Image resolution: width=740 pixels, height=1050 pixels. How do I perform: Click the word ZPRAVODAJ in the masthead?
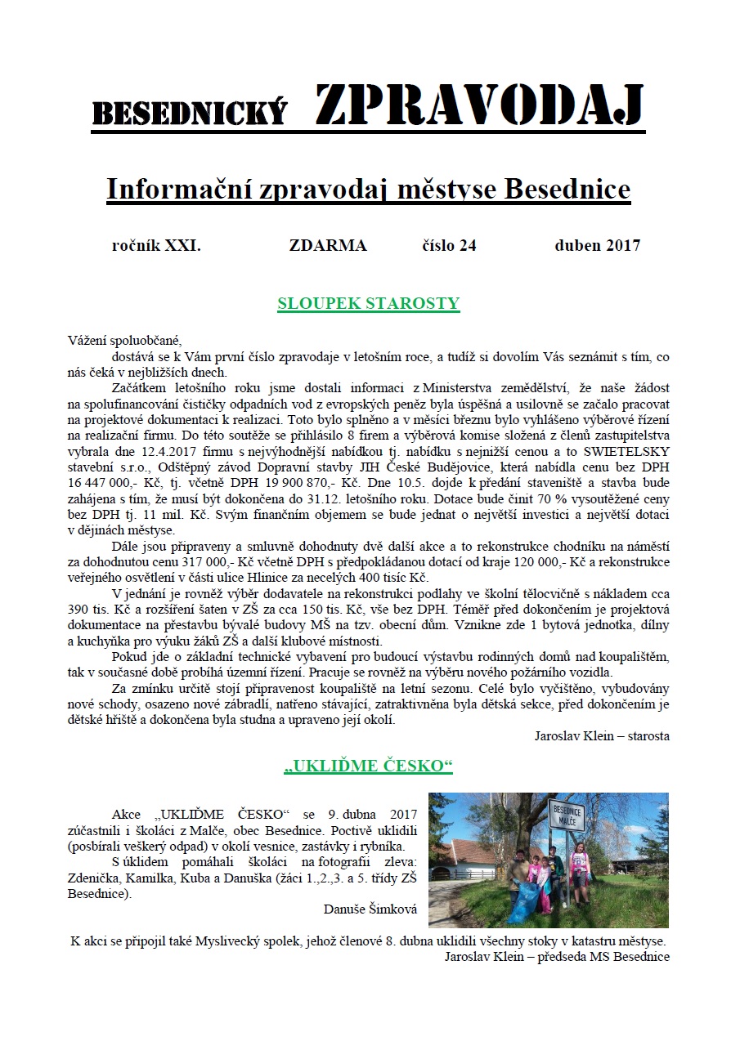[479, 106]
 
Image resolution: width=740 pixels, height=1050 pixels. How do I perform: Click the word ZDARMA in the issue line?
[328, 245]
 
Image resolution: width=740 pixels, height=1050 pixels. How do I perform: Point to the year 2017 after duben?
[624, 245]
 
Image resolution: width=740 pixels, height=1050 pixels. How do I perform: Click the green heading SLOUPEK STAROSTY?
[369, 304]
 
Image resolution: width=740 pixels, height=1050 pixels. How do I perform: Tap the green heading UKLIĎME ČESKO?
[369, 766]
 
